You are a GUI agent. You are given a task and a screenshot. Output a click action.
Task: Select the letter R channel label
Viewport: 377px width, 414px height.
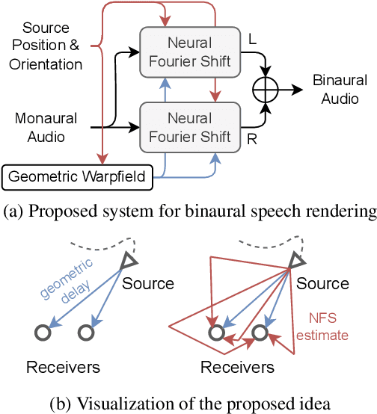click(252, 138)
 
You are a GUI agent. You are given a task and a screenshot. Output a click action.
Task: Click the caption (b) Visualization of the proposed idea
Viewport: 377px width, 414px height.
click(188, 404)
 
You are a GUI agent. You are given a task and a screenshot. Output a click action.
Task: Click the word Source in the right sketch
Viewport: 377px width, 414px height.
click(323, 284)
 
